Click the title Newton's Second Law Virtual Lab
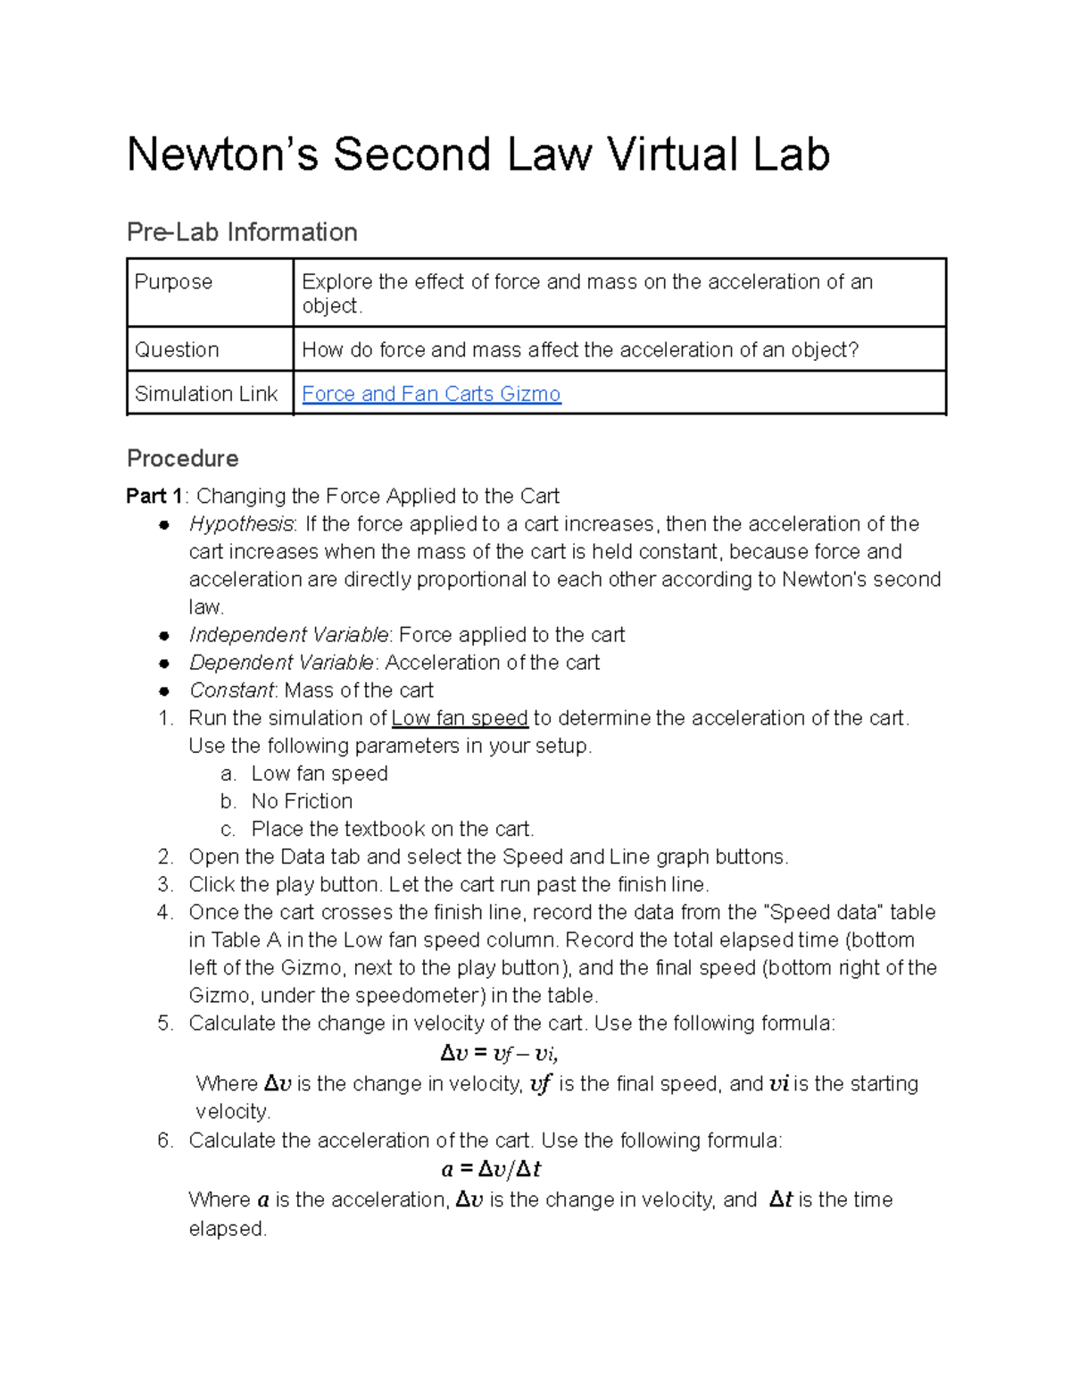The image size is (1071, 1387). [478, 155]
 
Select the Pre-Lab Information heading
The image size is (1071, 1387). [242, 232]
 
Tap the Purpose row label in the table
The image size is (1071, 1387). [173, 282]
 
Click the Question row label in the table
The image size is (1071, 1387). [177, 350]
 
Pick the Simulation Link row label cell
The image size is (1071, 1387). [206, 394]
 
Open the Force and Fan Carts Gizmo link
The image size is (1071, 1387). [431, 394]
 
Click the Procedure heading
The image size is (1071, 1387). [182, 459]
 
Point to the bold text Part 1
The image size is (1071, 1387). [154, 497]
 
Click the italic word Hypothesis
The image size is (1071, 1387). [240, 524]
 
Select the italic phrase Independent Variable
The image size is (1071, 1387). [288, 635]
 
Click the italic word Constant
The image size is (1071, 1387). [231, 690]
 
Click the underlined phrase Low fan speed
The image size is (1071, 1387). [460, 718]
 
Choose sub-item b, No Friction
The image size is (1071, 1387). [302, 801]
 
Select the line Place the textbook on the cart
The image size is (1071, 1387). [392, 829]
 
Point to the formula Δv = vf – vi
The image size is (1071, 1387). [500, 1054]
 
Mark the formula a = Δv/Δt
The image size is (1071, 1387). [492, 1170]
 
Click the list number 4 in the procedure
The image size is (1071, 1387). [164, 913]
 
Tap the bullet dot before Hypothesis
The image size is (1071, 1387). [164, 525]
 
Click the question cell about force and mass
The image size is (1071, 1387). [580, 350]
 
